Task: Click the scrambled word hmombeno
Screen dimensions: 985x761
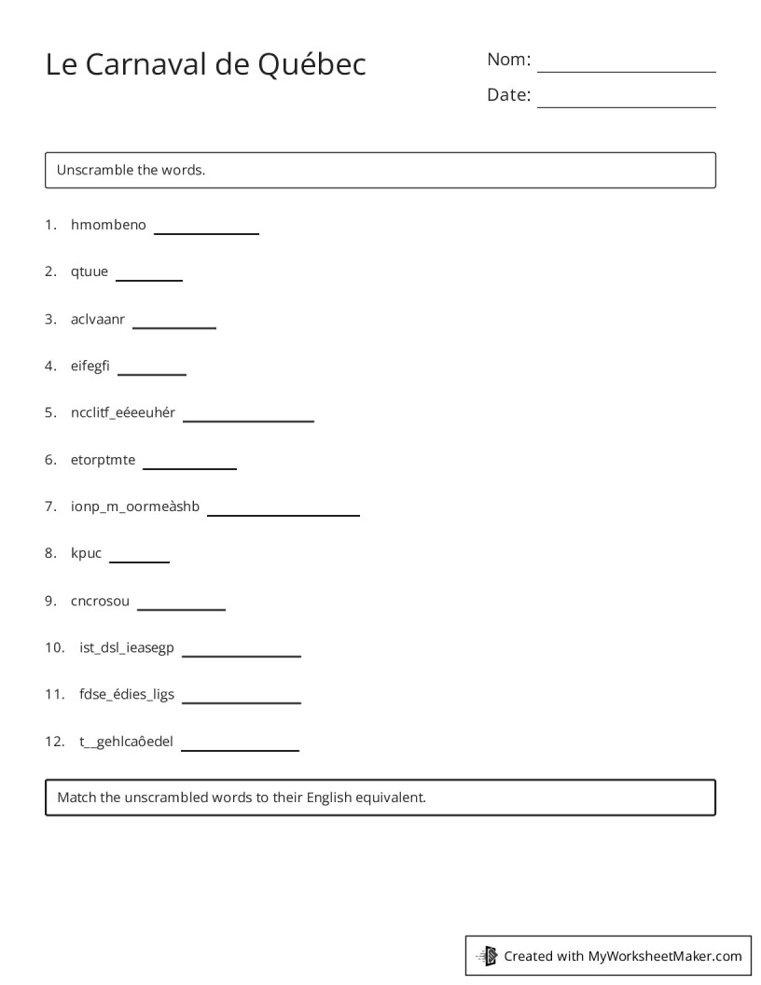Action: [108, 225]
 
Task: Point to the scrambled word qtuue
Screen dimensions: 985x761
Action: [90, 271]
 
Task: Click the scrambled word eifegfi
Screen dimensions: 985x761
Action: [90, 366]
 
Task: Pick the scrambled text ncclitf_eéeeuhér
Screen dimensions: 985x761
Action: [123, 412]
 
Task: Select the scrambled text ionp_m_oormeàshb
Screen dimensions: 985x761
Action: [135, 506]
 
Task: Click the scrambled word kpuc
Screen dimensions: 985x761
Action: [87, 553]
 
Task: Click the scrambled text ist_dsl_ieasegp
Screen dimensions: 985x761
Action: [127, 647]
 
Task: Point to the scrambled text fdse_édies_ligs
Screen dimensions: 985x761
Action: [127, 694]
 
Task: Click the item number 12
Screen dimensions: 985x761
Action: [53, 742]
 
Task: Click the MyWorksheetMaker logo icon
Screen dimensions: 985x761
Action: [487, 955]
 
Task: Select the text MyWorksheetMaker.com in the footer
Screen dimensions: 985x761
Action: [665, 955]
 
